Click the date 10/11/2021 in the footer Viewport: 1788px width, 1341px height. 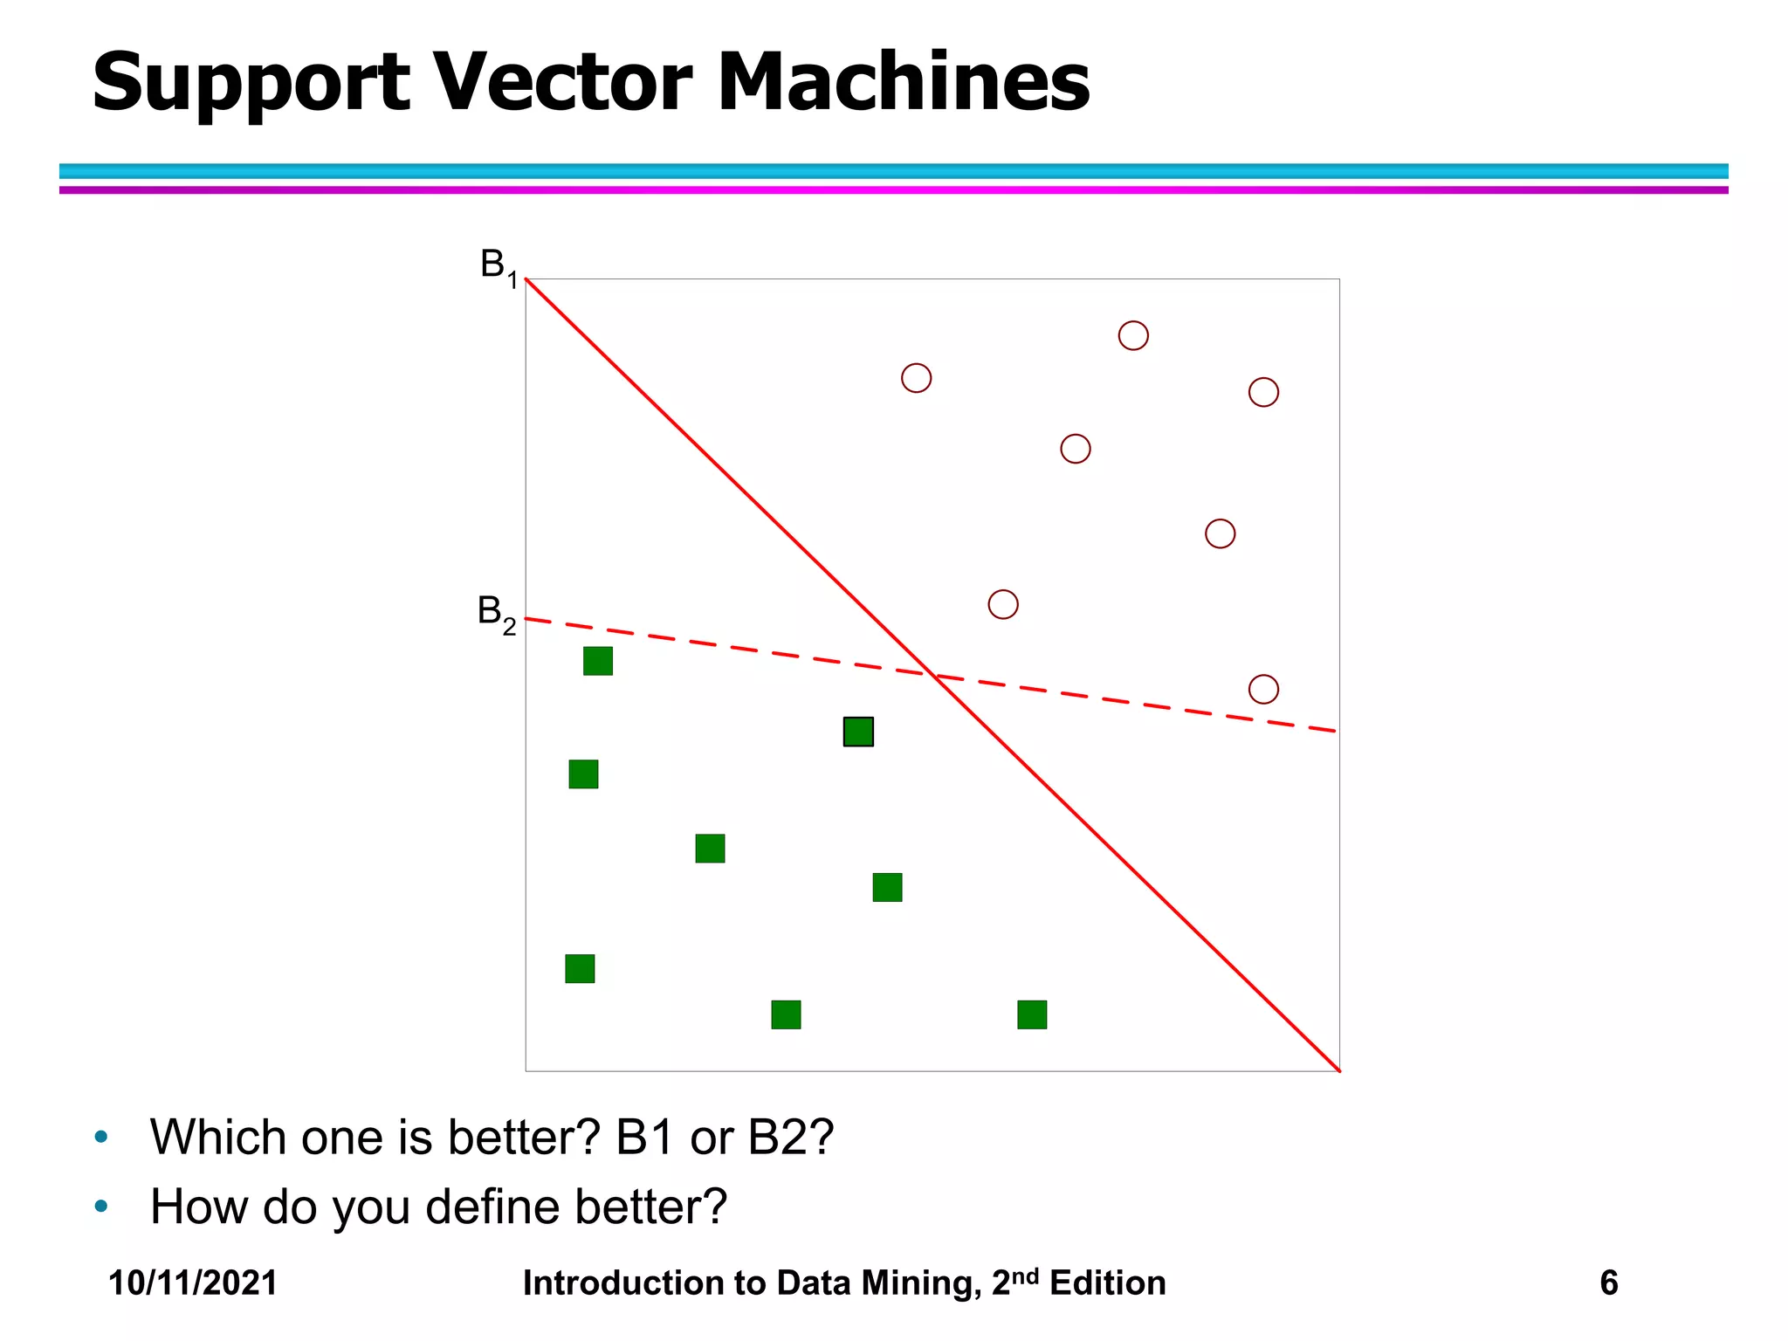[x=193, y=1283]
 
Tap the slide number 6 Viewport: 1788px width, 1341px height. [x=1608, y=1283]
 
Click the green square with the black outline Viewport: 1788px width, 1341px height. [x=858, y=732]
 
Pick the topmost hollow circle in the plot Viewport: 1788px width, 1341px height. [x=1133, y=335]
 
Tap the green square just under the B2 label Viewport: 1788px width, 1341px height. [x=598, y=661]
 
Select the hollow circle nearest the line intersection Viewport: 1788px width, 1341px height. [x=1003, y=604]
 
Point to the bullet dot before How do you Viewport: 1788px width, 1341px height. [x=101, y=1207]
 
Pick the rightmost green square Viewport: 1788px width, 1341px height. [x=1032, y=1014]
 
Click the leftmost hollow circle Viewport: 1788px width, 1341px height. [x=916, y=378]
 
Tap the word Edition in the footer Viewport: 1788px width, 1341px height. [x=1107, y=1283]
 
